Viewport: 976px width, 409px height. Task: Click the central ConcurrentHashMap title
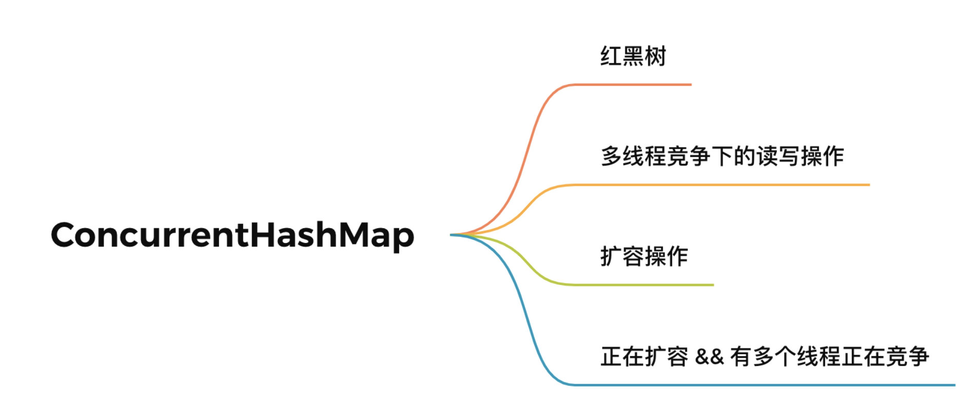[x=232, y=235]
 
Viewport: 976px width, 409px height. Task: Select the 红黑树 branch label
[x=633, y=56]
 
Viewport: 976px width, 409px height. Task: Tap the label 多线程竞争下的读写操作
[x=722, y=156]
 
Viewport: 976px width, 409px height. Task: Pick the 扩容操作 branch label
[x=644, y=256]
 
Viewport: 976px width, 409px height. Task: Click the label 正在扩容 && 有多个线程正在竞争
[x=765, y=356]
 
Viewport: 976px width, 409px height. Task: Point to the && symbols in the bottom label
[x=709, y=356]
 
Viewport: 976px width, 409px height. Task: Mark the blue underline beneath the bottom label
[x=770, y=384]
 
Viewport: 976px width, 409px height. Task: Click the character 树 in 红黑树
[x=655, y=56]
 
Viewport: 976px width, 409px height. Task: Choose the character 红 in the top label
[x=611, y=56]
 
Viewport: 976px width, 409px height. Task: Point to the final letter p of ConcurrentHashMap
[x=403, y=238]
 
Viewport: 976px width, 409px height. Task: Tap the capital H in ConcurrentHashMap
[x=263, y=235]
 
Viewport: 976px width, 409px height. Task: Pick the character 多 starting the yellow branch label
[x=612, y=156]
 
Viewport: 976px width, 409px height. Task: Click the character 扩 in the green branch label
[x=611, y=256]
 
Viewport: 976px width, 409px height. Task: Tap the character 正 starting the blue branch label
[x=611, y=356]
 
